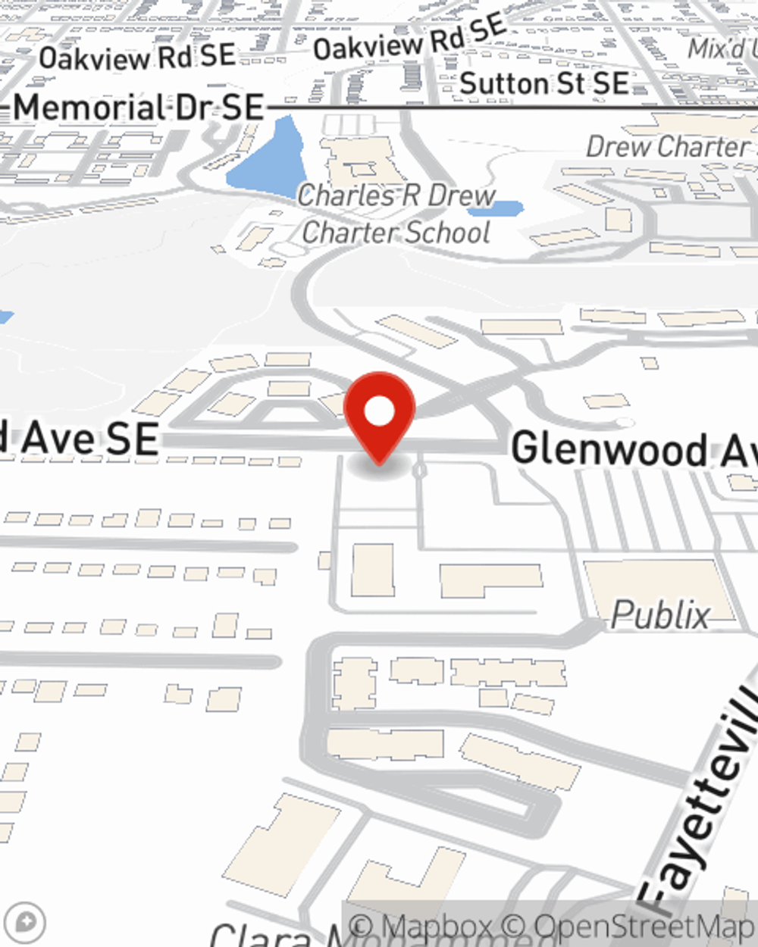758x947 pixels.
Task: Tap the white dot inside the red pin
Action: tap(380, 412)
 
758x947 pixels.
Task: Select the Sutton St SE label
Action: tap(544, 83)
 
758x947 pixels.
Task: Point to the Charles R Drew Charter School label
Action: tap(396, 214)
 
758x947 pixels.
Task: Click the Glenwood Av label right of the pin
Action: tap(634, 450)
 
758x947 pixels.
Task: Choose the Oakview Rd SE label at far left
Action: tap(137, 57)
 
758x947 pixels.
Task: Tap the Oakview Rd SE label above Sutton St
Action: tap(410, 38)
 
